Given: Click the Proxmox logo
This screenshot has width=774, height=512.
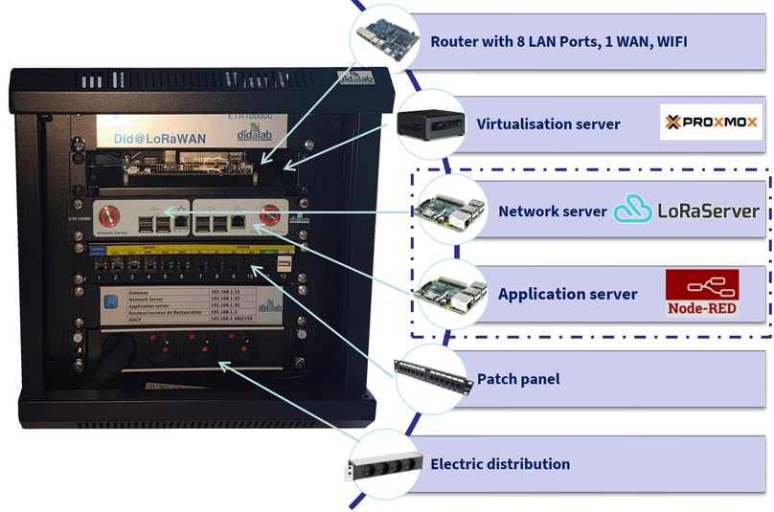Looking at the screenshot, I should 712,122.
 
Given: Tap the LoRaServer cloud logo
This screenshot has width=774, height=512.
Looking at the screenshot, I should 633,210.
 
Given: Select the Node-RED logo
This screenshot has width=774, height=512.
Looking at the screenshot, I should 704,295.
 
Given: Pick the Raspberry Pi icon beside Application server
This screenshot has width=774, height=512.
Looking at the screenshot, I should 447,291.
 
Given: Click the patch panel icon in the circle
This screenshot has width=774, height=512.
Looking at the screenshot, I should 433,377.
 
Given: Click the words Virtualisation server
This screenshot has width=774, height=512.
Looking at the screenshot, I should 548,124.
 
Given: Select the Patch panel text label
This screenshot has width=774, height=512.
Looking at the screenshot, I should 518,379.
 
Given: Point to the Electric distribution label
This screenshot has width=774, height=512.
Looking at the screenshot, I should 500,464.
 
